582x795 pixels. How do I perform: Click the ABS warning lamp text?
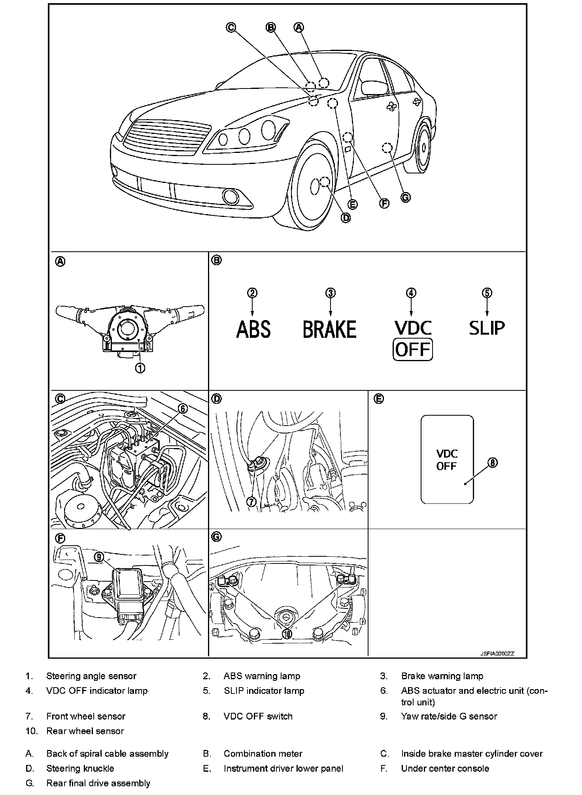click(253, 329)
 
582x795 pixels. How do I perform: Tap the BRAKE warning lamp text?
click(330, 329)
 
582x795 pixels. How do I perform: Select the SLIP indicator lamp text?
click(487, 328)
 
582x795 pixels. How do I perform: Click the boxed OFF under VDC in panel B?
click(412, 350)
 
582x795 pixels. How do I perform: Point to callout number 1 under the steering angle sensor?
click(140, 368)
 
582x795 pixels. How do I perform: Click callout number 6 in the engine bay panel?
click(183, 409)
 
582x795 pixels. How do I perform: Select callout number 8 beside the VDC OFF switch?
click(492, 463)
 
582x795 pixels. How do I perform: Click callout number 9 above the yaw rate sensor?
click(99, 557)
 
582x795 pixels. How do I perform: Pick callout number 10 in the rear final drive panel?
click(287, 633)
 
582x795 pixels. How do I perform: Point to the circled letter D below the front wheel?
click(346, 217)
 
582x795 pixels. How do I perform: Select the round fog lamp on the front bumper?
click(229, 196)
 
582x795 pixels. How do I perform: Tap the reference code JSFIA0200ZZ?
click(497, 654)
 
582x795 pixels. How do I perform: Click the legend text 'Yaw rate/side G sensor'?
click(449, 716)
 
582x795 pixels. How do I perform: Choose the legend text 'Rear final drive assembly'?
click(98, 783)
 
